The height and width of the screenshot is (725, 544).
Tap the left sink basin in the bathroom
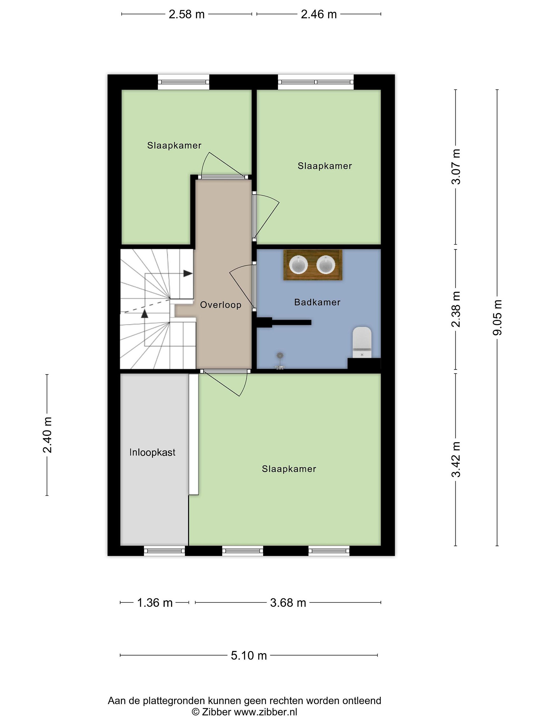tap(298, 265)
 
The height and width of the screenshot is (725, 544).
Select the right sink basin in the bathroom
tap(326, 265)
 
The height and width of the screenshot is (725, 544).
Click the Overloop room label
tap(221, 305)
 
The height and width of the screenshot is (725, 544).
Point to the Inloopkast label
tap(152, 452)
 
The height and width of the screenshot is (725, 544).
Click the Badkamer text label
tap(317, 302)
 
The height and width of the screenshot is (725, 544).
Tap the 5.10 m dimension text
tap(249, 655)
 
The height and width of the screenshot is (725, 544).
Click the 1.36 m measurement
tap(154, 602)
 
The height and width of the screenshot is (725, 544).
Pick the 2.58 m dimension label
tap(187, 14)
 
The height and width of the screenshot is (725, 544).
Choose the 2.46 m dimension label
tap(319, 14)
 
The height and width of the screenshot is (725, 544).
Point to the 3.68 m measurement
tap(288, 602)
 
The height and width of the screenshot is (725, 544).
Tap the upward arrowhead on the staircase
tap(144, 314)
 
